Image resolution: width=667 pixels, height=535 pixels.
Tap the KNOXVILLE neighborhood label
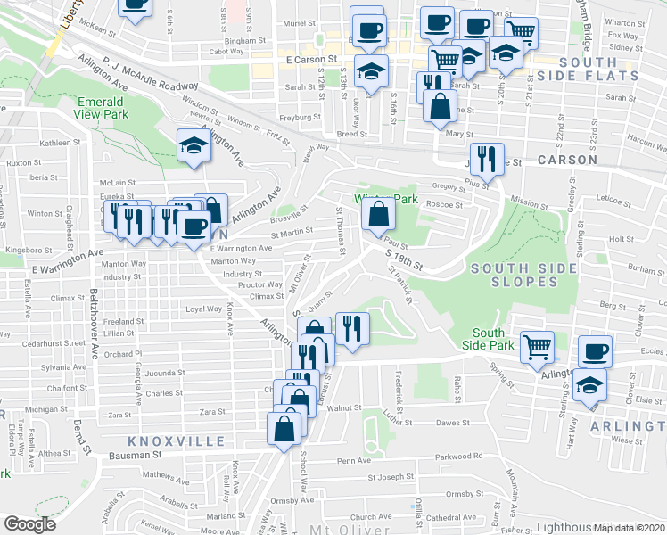pyautogui.click(x=163, y=441)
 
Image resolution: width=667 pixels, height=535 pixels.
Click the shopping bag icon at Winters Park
pyautogui.click(x=379, y=215)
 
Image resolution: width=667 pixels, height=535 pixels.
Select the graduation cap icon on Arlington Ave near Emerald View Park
pyautogui.click(x=192, y=144)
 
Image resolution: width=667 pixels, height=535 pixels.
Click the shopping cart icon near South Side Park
pyautogui.click(x=537, y=347)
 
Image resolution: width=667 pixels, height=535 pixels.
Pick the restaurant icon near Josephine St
pyautogui.click(x=484, y=160)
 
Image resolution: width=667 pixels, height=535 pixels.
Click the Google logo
pyautogui.click(x=30, y=524)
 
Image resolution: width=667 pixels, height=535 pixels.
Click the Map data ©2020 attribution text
pyautogui.click(x=629, y=527)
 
